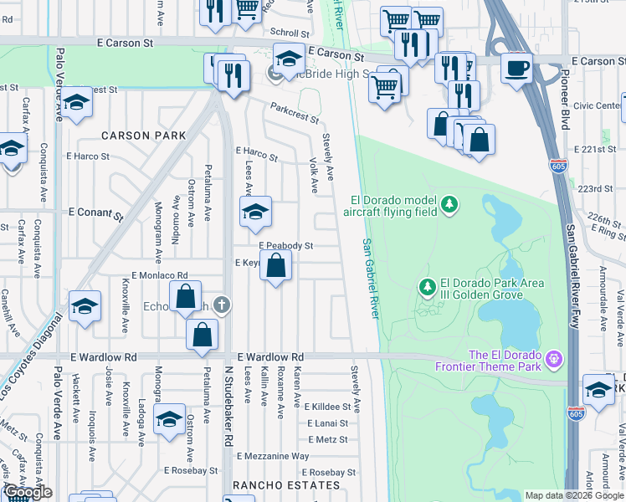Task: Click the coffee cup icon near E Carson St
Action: pos(516,66)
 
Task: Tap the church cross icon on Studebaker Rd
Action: pos(221,304)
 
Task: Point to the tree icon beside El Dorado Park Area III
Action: pos(428,288)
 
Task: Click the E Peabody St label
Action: pos(285,246)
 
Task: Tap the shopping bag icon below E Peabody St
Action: pos(277,268)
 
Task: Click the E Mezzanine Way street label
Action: pos(273,456)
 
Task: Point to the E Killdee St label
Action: pos(332,407)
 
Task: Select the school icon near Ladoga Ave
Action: pos(169,419)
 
